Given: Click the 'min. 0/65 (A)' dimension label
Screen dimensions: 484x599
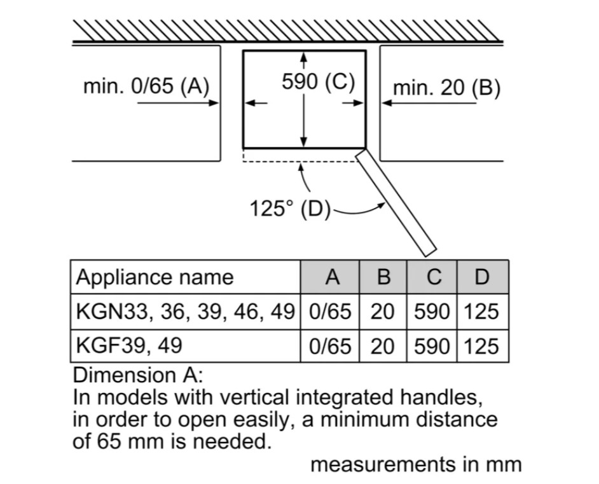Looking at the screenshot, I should tap(146, 86).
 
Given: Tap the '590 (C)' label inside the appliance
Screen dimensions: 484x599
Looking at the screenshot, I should tap(318, 82).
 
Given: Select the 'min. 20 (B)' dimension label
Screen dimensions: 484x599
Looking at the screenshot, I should tap(446, 88).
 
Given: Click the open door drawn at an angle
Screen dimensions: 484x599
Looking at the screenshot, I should tap(396, 201).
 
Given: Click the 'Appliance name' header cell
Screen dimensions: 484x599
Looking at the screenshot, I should tap(155, 277).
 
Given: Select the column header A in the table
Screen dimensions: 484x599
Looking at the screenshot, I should tap(331, 277).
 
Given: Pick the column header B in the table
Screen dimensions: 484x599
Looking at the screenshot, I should tap(383, 277).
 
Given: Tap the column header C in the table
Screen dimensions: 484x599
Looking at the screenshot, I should tap(433, 277).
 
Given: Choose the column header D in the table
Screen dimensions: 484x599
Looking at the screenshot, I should tap(483, 277).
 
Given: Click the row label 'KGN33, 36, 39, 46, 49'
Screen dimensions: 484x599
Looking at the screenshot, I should tap(185, 312).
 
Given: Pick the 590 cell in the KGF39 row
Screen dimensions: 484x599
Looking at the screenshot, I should tap(432, 346).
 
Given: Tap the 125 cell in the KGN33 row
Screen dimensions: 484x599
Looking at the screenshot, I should tap(483, 312).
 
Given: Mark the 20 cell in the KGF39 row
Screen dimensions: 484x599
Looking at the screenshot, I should tap(383, 346).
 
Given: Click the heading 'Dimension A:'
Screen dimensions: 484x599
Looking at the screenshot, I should tap(138, 375).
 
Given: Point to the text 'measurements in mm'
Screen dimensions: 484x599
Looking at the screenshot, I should tap(416, 465).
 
